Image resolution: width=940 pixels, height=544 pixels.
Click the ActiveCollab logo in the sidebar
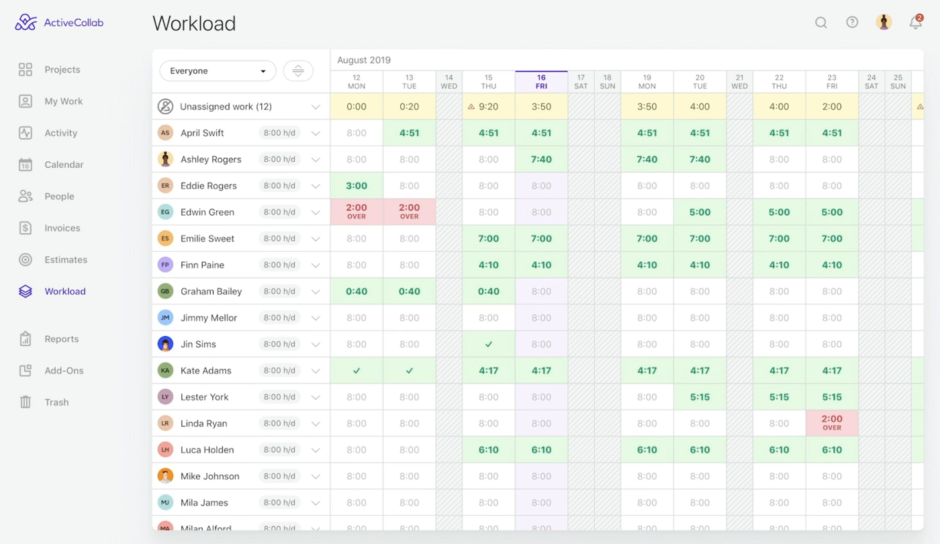coord(59,23)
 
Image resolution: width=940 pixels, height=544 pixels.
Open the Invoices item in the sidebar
coord(62,228)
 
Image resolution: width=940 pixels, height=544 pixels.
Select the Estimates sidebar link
coord(65,260)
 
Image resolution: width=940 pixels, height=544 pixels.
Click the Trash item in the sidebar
coord(56,402)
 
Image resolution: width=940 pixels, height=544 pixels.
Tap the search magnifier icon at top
coord(820,23)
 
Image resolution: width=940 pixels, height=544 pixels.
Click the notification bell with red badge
coord(915,23)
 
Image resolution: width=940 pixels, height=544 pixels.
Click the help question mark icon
coord(852,23)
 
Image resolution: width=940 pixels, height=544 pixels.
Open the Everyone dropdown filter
coord(218,71)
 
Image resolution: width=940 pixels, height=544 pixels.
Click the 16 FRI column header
coord(541,82)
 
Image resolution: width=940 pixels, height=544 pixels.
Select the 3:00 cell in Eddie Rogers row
coord(357,186)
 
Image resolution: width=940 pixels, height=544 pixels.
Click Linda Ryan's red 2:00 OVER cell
coord(832,423)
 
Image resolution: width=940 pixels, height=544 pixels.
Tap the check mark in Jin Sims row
coord(489,345)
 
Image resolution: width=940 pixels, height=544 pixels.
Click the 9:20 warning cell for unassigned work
coord(489,107)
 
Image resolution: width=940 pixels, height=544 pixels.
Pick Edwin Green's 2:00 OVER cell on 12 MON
coord(357,212)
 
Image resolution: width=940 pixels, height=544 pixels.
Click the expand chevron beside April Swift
coord(316,133)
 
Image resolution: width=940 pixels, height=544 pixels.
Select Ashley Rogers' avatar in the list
coord(165,159)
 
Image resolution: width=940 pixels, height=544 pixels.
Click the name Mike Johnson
coord(209,476)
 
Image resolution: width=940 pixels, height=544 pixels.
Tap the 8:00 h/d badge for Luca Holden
coord(279,450)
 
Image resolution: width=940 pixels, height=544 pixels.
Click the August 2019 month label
coord(364,60)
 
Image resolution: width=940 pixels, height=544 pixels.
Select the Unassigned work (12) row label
coord(226,107)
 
